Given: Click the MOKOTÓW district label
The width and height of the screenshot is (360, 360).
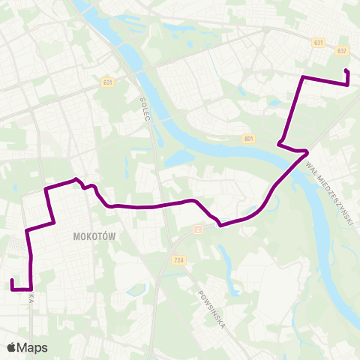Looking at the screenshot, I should point(94,235).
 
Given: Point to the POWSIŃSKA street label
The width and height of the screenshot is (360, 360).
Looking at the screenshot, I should point(213,306).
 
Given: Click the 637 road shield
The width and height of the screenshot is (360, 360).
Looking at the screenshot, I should point(343,52).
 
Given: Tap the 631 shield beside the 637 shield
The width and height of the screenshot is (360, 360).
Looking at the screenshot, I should point(319,43).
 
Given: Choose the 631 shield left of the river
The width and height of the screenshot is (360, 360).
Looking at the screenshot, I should point(110,83).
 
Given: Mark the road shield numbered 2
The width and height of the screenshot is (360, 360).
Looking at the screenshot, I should point(198,229).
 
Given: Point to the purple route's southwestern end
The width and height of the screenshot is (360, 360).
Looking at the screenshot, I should point(13,280).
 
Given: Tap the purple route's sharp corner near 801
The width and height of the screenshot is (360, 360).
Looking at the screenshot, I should point(279,143).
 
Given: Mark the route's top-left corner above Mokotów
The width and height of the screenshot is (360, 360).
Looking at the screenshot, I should point(46,188).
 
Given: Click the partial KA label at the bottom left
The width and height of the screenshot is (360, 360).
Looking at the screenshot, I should point(31,298).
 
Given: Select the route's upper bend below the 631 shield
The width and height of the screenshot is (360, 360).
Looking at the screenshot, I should point(301,77).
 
